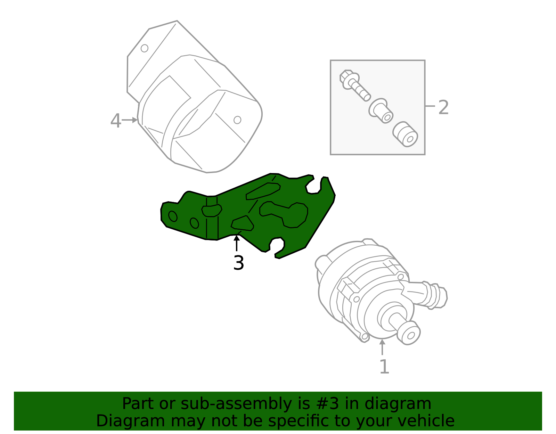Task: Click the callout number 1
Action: (x=384, y=367)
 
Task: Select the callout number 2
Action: (x=443, y=108)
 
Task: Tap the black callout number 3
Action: (x=239, y=263)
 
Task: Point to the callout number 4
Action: (x=115, y=121)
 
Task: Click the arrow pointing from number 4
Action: (x=130, y=120)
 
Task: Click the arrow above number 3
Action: (x=237, y=243)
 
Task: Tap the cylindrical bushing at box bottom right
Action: (x=406, y=134)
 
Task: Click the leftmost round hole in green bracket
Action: (x=173, y=216)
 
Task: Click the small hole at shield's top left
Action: (x=145, y=48)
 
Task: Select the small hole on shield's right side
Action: (x=237, y=120)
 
